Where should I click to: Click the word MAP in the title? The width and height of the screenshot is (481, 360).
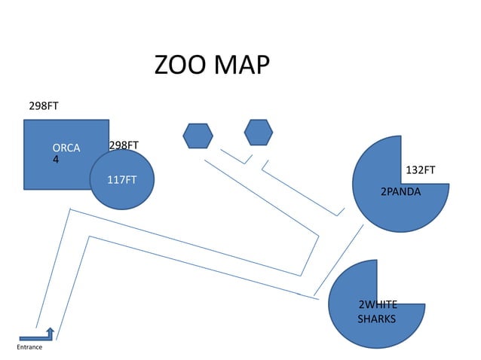241,66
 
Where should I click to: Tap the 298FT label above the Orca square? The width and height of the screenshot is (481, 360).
44,106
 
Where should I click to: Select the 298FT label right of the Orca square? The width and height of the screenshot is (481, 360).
124,145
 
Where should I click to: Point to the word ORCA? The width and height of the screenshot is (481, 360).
66,148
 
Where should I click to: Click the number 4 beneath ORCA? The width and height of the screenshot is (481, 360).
56,160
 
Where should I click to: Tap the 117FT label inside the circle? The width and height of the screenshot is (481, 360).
121,180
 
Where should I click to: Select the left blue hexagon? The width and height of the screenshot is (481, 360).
198,136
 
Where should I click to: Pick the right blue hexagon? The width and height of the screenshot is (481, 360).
259,132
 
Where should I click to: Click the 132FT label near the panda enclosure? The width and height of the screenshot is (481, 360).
421,170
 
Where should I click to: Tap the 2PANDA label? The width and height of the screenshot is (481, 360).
400,192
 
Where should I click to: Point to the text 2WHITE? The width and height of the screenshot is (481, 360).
377,305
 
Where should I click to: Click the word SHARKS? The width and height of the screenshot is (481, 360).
376,319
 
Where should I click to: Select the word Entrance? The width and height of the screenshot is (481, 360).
29,347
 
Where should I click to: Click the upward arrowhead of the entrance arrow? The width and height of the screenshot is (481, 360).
51,331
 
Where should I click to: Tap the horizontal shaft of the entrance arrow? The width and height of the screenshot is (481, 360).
33,338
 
